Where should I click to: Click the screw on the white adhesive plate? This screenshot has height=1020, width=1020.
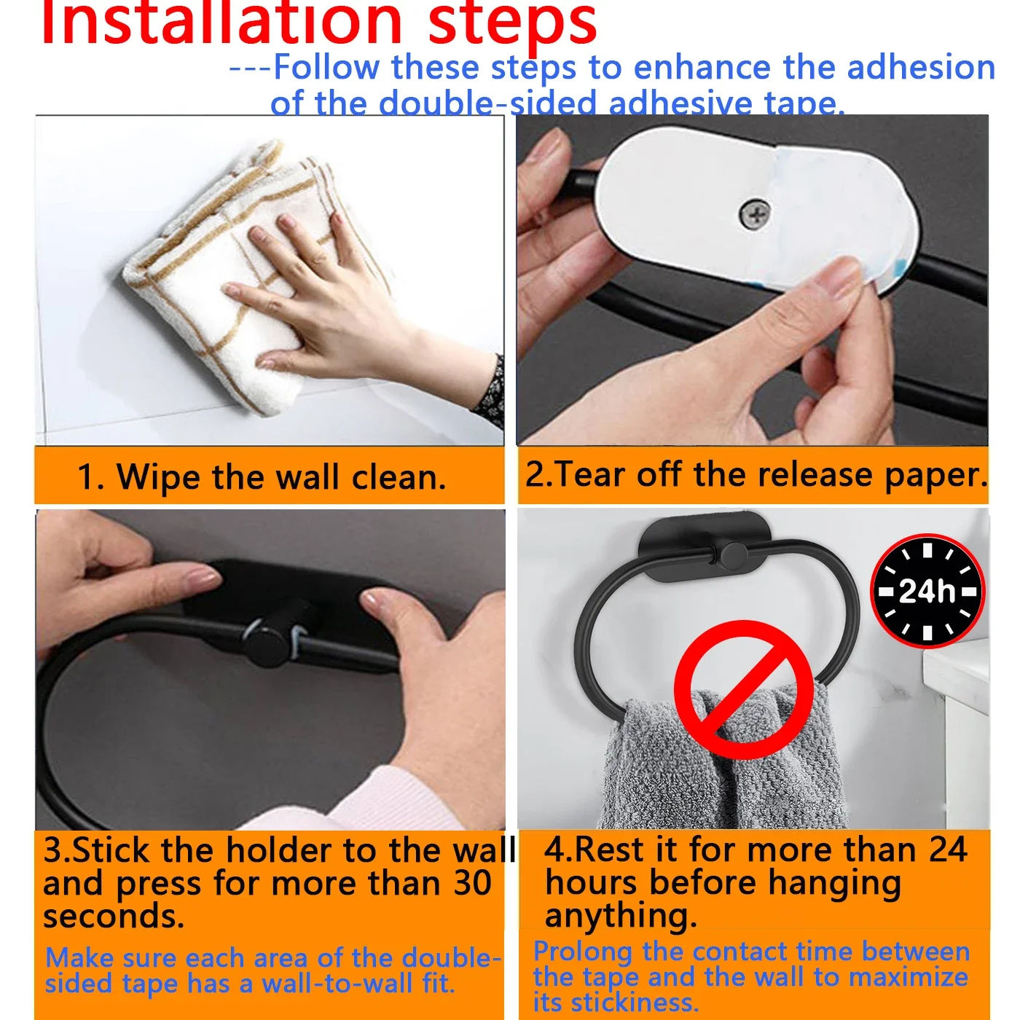756,214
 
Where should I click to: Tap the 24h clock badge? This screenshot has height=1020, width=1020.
927,591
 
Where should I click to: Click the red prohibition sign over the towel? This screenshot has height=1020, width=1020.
743,689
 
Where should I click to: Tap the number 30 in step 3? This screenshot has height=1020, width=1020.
473,883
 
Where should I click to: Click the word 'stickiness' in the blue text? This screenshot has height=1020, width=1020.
634,1003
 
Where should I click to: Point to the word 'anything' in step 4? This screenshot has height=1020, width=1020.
619,917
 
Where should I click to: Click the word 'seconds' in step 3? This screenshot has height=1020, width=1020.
113,917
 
